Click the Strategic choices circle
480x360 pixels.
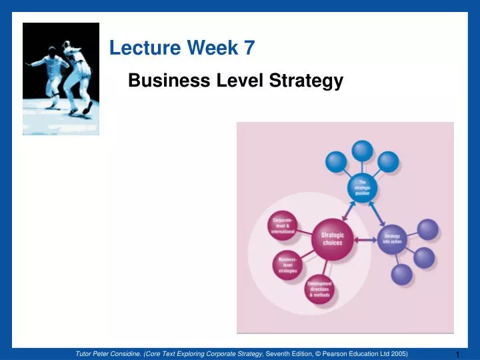pos(332,238)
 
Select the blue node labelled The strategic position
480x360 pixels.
pos(362,188)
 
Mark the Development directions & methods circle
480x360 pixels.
pos(319,289)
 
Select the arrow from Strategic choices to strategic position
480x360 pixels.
pos(349,210)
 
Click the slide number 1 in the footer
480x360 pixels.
pos(459,354)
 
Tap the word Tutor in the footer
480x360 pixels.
pos(86,353)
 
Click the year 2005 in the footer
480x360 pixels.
pos(399,353)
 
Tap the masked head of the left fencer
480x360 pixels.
pos(53,53)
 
